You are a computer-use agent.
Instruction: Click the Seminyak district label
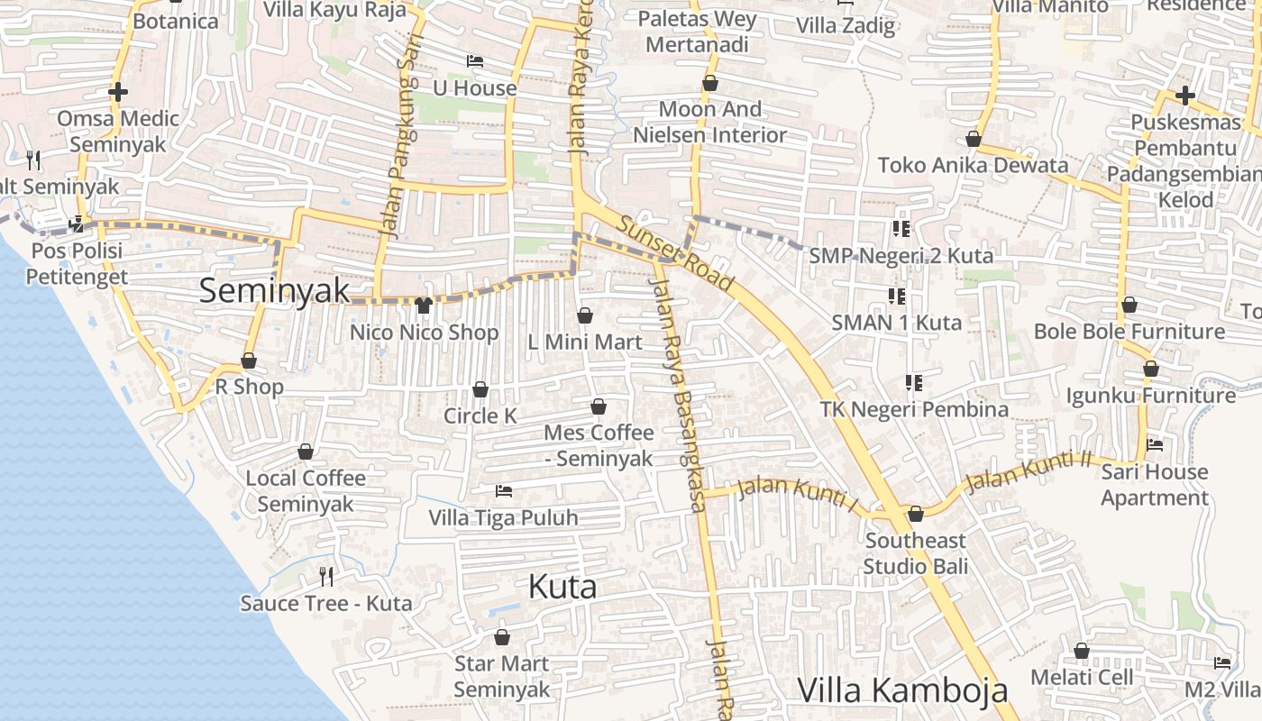pos(274,290)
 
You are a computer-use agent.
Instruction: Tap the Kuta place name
pos(562,587)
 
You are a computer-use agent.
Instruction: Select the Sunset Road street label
pos(677,251)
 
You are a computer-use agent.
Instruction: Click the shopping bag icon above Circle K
pos(480,389)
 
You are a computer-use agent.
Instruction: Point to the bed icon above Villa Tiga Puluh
pos(504,491)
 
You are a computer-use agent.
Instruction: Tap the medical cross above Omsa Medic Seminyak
pos(118,92)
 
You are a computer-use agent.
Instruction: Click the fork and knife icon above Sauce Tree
pos(326,576)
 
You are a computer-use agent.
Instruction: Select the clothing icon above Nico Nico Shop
pos(424,305)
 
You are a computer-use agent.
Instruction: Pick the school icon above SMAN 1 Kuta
pos(896,296)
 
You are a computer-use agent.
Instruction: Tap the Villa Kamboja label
pos(902,690)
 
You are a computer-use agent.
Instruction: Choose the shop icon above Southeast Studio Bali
pos(916,514)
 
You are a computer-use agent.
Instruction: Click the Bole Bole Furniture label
pos(1129,332)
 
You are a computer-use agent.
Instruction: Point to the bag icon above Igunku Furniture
pos(1151,369)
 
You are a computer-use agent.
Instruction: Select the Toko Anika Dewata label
pos(973,165)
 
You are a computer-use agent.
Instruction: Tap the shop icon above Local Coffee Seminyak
pos(306,452)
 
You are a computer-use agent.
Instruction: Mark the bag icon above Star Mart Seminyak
pos(502,637)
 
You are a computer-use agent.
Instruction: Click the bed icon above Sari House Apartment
pos(1155,445)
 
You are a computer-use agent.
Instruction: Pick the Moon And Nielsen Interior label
pos(710,123)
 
